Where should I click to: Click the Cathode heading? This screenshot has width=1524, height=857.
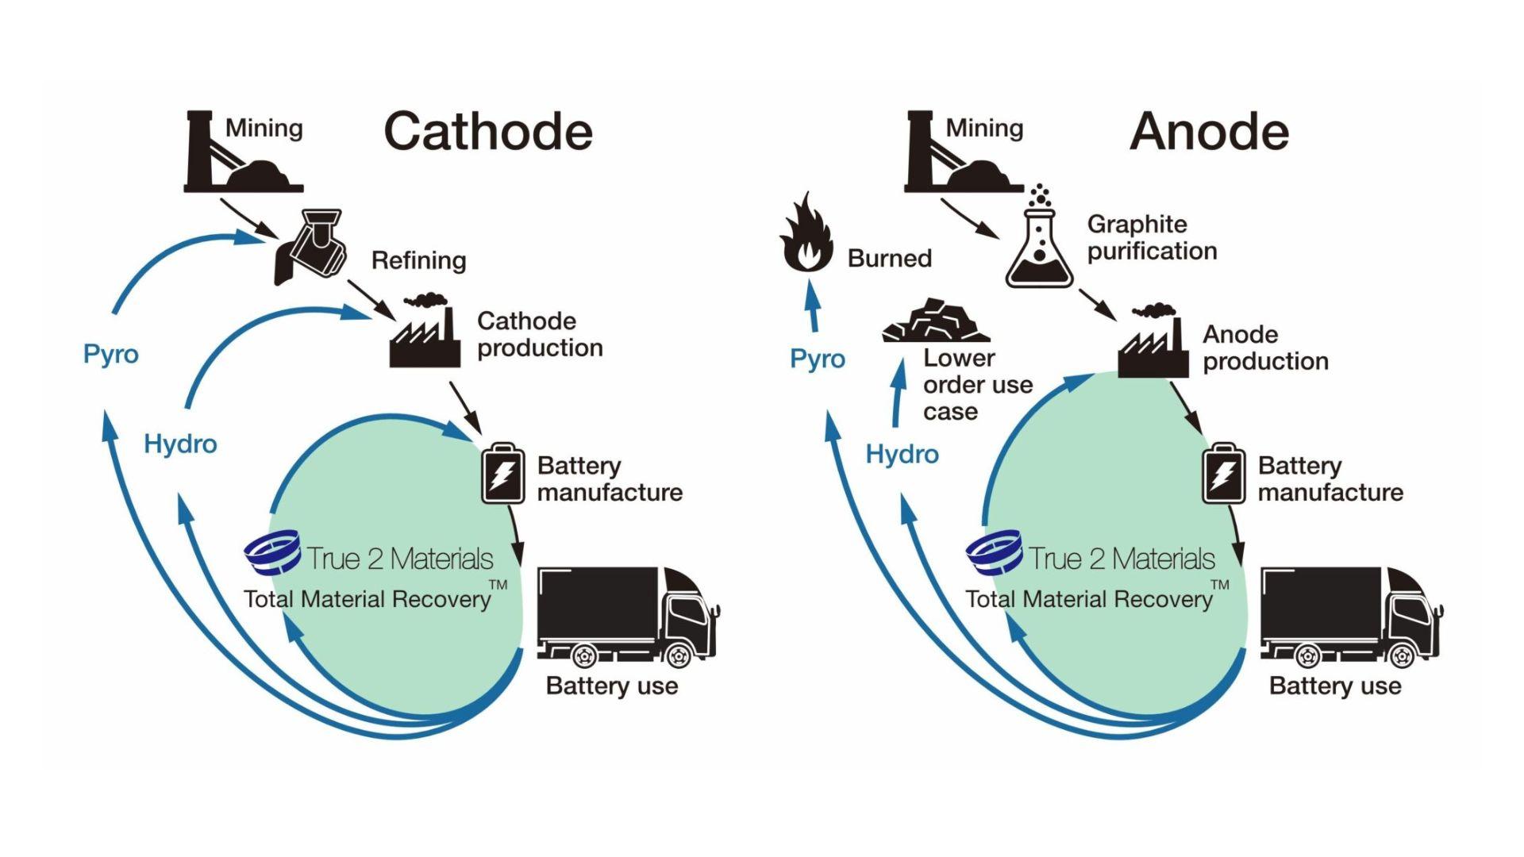[488, 132]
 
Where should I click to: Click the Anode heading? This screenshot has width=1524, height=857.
[1209, 132]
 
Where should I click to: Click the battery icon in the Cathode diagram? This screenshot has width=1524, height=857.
[503, 475]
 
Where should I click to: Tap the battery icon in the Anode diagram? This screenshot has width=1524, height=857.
[1223, 475]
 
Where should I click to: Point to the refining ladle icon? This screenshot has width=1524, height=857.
[311, 245]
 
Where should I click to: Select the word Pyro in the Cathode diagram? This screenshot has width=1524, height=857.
[111, 354]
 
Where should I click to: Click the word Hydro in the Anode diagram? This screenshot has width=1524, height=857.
[902, 454]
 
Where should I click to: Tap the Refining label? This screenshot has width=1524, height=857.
[418, 260]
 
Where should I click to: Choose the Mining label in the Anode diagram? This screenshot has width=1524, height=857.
[984, 129]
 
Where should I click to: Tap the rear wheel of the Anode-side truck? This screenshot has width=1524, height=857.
[1307, 656]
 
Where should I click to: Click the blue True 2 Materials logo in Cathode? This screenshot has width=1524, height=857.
[272, 552]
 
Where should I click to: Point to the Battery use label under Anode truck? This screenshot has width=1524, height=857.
[1335, 686]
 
